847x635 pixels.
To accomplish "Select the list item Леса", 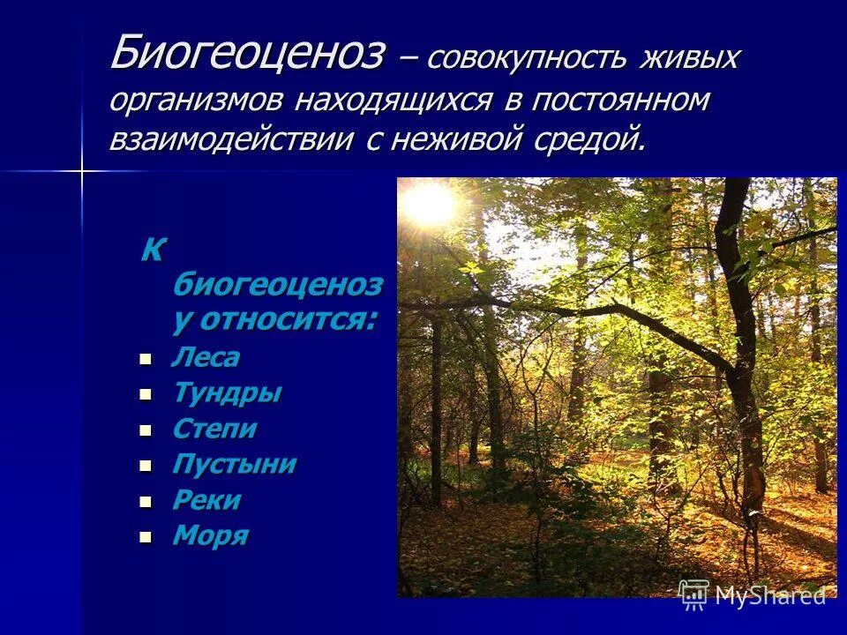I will (206, 358).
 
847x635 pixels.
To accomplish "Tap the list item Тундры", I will (227, 393).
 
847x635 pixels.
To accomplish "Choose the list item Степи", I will (215, 430).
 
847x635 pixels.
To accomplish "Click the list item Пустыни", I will (234, 465).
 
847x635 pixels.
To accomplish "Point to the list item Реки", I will (206, 500).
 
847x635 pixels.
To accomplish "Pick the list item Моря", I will (210, 535).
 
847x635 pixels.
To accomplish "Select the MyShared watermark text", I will (769, 596).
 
